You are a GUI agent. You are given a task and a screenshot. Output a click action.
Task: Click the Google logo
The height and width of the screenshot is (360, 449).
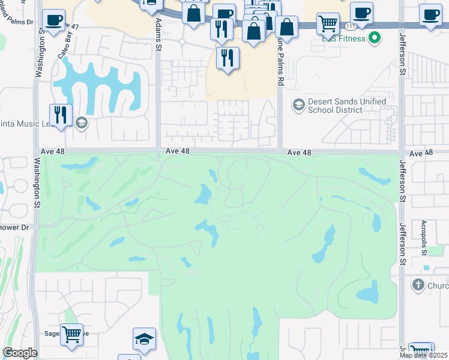(x=20, y=353)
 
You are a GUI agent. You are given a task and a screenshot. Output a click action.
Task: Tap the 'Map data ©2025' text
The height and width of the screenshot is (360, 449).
(x=424, y=355)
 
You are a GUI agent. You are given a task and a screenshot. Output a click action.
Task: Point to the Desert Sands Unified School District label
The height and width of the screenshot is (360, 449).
(x=346, y=106)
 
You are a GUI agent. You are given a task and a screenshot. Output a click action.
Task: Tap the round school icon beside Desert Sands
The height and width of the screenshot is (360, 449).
(x=298, y=106)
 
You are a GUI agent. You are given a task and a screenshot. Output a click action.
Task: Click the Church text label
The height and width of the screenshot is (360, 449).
(x=438, y=286)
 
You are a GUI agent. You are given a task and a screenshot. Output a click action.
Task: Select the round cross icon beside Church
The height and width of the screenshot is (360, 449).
(x=418, y=285)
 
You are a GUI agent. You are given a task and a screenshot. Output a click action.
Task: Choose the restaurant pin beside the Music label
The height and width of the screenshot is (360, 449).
(x=61, y=114)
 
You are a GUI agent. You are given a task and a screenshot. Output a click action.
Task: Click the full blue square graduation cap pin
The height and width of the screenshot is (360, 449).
(x=144, y=339)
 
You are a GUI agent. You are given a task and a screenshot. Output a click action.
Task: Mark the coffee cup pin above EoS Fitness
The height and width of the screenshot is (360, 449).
(x=361, y=13)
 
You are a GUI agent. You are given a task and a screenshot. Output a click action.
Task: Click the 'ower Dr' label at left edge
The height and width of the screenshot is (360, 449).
(x=14, y=228)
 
